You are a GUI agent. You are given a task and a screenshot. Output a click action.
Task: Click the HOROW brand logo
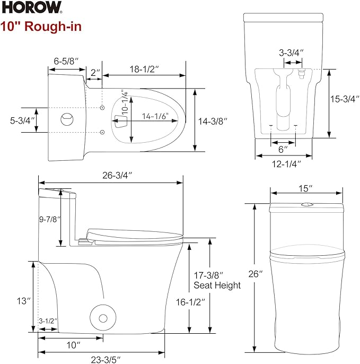pyautogui.click(x=32, y=7)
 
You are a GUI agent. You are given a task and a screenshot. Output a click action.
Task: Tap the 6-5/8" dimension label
pyautogui.click(x=66, y=61)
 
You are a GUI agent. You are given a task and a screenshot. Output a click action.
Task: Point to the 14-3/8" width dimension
pyautogui.click(x=212, y=121)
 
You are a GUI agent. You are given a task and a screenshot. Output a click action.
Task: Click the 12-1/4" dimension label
pyautogui.click(x=286, y=164)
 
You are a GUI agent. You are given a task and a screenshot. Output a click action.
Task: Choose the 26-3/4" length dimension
pyautogui.click(x=115, y=175)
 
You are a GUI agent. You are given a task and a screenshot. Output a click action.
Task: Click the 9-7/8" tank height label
pyautogui.click(x=50, y=219)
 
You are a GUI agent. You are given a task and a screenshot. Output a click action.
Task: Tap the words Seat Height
pyautogui.click(x=217, y=285)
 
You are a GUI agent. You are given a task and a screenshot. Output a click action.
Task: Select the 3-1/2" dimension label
pyautogui.click(x=48, y=321)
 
